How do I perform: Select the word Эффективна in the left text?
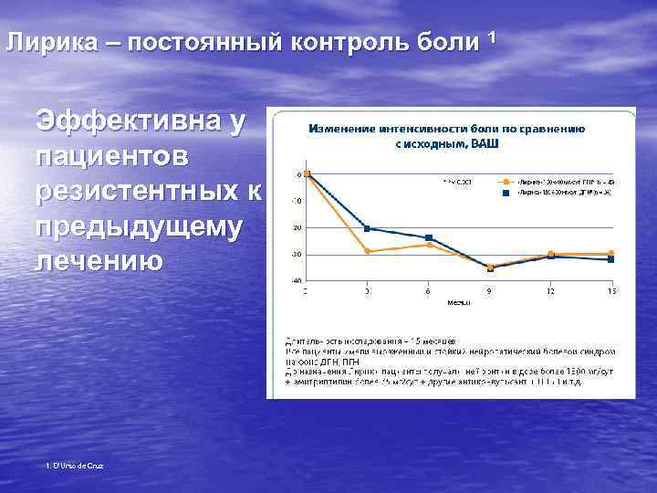click(x=140, y=121)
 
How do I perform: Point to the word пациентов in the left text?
click(x=112, y=156)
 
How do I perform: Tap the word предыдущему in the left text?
click(x=138, y=226)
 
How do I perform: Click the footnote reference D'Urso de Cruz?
click(x=75, y=466)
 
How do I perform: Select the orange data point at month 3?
click(x=368, y=251)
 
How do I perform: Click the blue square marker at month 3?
click(x=368, y=228)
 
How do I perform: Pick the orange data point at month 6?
click(x=429, y=245)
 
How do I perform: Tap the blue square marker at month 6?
click(x=429, y=238)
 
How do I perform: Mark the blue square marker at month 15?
click(x=611, y=259)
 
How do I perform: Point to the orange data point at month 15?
click(x=611, y=253)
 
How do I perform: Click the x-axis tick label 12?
click(x=550, y=290)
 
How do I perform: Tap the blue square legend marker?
click(x=505, y=193)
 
